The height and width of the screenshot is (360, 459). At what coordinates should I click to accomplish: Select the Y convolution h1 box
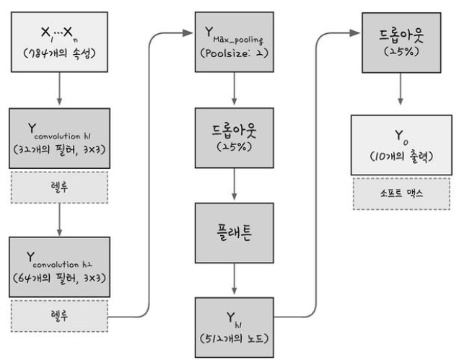click(x=59, y=138)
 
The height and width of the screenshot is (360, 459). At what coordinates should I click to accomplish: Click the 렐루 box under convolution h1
click(x=59, y=187)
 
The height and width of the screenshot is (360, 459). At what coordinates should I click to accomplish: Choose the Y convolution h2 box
click(x=59, y=267)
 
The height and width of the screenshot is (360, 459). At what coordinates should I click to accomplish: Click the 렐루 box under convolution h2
click(x=59, y=315)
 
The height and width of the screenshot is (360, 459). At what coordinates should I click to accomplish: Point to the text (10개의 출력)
click(x=401, y=154)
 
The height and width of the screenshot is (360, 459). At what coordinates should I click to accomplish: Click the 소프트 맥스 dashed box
click(x=401, y=193)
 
